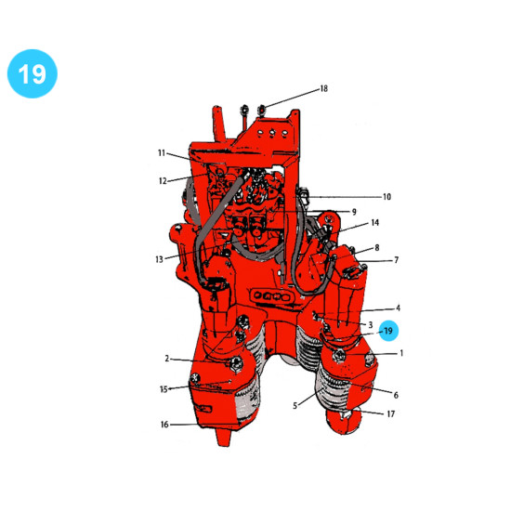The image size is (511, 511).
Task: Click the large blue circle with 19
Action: coord(33,73)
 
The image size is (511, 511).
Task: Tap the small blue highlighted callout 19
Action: coord(387,331)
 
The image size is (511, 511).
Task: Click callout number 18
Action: coord(323,88)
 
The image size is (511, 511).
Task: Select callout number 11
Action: coord(162,153)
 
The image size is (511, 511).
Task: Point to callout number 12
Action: coord(163,181)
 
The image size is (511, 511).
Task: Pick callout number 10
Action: coord(387,197)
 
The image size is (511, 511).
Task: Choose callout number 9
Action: coord(354,212)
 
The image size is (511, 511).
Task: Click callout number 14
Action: coord(375,223)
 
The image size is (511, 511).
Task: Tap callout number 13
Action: coord(159,259)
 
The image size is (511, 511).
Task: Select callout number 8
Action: coord(377,248)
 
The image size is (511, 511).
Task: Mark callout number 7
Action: coord(397,260)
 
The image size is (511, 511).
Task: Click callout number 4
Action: coord(398,308)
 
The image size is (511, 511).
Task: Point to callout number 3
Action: coord(371,325)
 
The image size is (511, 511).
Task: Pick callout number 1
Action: coord(401,353)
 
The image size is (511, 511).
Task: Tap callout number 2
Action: coord(167,359)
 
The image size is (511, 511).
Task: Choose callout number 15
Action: coord(164,389)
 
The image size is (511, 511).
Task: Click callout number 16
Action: coord(164,425)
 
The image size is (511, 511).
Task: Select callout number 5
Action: coord(295,406)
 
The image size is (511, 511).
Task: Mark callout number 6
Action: coord(396,395)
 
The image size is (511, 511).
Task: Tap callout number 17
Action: coord(391,413)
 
